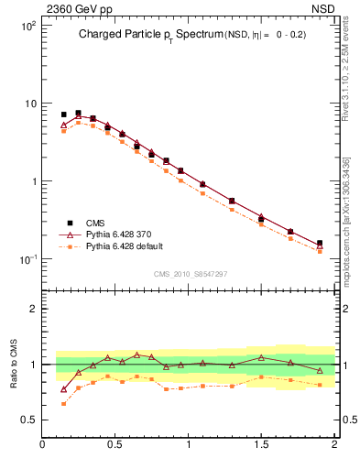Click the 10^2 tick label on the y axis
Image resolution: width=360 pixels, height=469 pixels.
point(28,26)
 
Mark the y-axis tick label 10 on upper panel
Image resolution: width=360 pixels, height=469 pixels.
point(30,104)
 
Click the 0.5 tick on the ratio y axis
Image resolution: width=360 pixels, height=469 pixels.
point(30,420)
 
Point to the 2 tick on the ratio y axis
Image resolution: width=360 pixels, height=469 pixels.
point(33,309)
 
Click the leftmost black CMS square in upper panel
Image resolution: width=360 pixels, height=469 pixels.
point(64,115)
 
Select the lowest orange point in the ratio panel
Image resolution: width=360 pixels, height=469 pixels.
point(64,403)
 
